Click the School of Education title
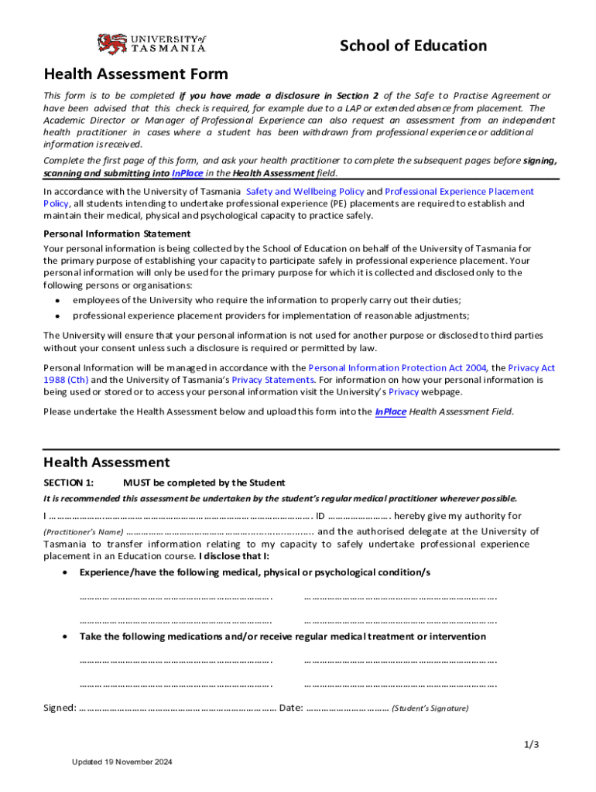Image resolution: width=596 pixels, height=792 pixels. [413, 46]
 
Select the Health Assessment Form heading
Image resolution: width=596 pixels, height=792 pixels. [135, 74]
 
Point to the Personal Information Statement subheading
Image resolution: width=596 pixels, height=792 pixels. [117, 234]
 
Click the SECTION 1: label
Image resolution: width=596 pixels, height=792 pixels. [69, 483]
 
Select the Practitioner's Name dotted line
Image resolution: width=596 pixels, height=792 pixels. [219, 531]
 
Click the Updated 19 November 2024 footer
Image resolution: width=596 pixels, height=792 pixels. [122, 762]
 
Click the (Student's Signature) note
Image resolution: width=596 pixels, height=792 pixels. [430, 708]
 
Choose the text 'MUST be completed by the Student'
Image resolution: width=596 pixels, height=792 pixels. [204, 483]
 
